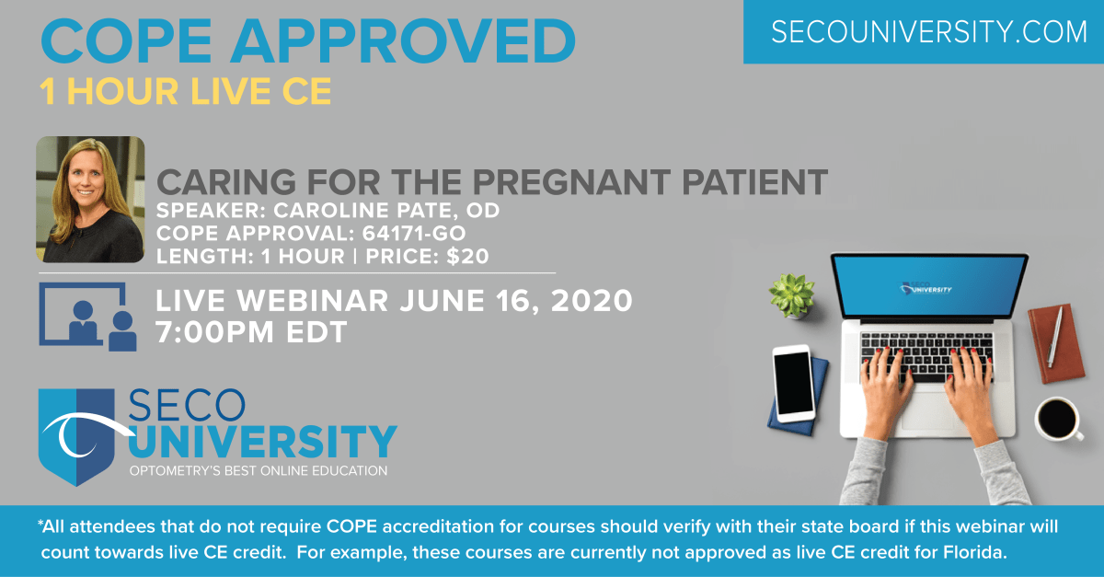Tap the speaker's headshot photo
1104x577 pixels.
tap(90, 200)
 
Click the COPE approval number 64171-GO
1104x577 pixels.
tap(429, 234)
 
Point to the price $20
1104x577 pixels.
tap(467, 257)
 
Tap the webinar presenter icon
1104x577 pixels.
tap(88, 316)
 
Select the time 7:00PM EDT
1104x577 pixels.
tap(252, 331)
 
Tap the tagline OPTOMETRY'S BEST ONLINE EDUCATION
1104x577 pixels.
tap(258, 471)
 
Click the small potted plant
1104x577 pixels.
tap(792, 293)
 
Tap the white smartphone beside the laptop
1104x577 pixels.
tap(792, 385)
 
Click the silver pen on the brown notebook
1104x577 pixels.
tap(1054, 336)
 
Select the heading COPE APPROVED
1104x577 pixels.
tap(308, 40)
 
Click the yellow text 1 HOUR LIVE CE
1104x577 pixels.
tap(185, 91)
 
